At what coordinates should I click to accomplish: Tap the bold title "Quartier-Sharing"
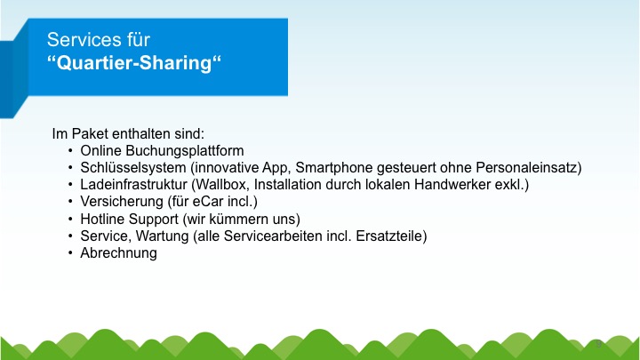134,63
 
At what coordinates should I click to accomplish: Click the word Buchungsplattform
185,151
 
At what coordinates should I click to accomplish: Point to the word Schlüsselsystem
133,168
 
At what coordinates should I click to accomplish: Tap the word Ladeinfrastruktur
133,185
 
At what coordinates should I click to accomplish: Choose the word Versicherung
122,202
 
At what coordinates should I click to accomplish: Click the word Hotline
102,220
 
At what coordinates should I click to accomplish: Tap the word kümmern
236,220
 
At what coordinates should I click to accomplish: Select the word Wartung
162,236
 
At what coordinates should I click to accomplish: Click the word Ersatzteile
389,236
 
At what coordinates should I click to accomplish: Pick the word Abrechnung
118,253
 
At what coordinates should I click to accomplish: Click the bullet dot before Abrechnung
70,253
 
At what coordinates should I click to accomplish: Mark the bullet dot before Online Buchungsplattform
70,151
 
